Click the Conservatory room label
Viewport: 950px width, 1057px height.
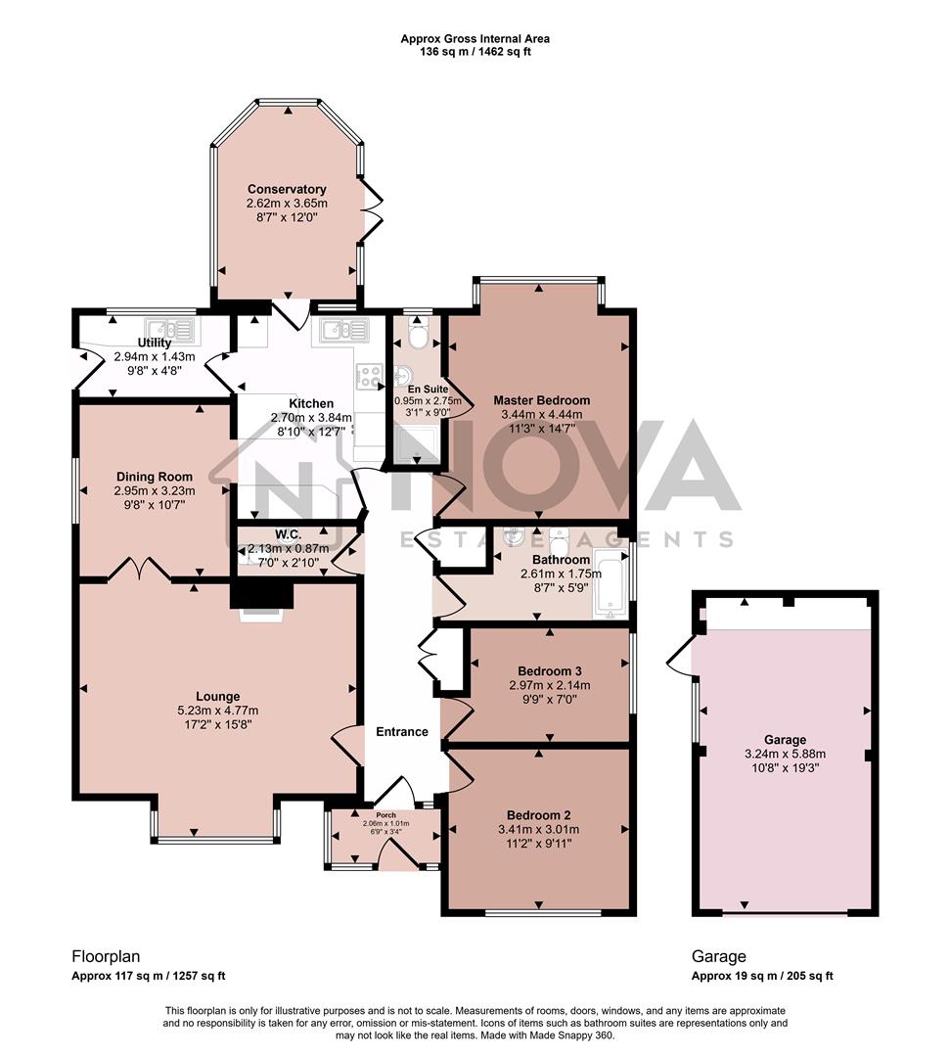(x=287, y=189)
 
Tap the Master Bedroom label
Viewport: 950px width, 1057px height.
(x=541, y=400)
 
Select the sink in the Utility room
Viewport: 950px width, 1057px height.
(x=169, y=328)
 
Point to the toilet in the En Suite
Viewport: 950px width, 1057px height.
(x=418, y=337)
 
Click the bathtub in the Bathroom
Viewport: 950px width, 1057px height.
(x=610, y=585)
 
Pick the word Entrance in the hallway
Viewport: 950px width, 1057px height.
(x=402, y=731)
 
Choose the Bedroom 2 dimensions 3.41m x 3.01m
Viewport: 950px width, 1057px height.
(x=538, y=830)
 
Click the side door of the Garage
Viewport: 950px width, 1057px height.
(x=679, y=655)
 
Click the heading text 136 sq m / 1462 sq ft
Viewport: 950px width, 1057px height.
(x=475, y=52)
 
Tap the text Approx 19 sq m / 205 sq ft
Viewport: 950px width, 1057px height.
(x=762, y=976)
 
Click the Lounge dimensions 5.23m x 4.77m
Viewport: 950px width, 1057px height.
(x=217, y=711)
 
